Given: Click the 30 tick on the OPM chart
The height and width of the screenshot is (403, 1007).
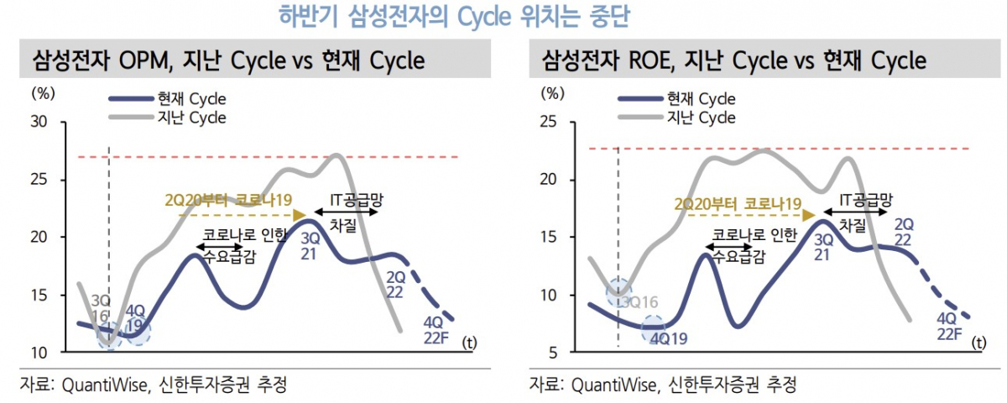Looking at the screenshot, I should [x=39, y=123].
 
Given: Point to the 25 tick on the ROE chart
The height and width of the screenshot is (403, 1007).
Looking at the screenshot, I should [x=548, y=123].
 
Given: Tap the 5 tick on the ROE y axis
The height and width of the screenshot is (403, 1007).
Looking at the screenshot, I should [x=552, y=352].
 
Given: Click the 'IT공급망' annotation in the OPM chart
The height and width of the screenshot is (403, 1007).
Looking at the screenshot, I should [x=346, y=199].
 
